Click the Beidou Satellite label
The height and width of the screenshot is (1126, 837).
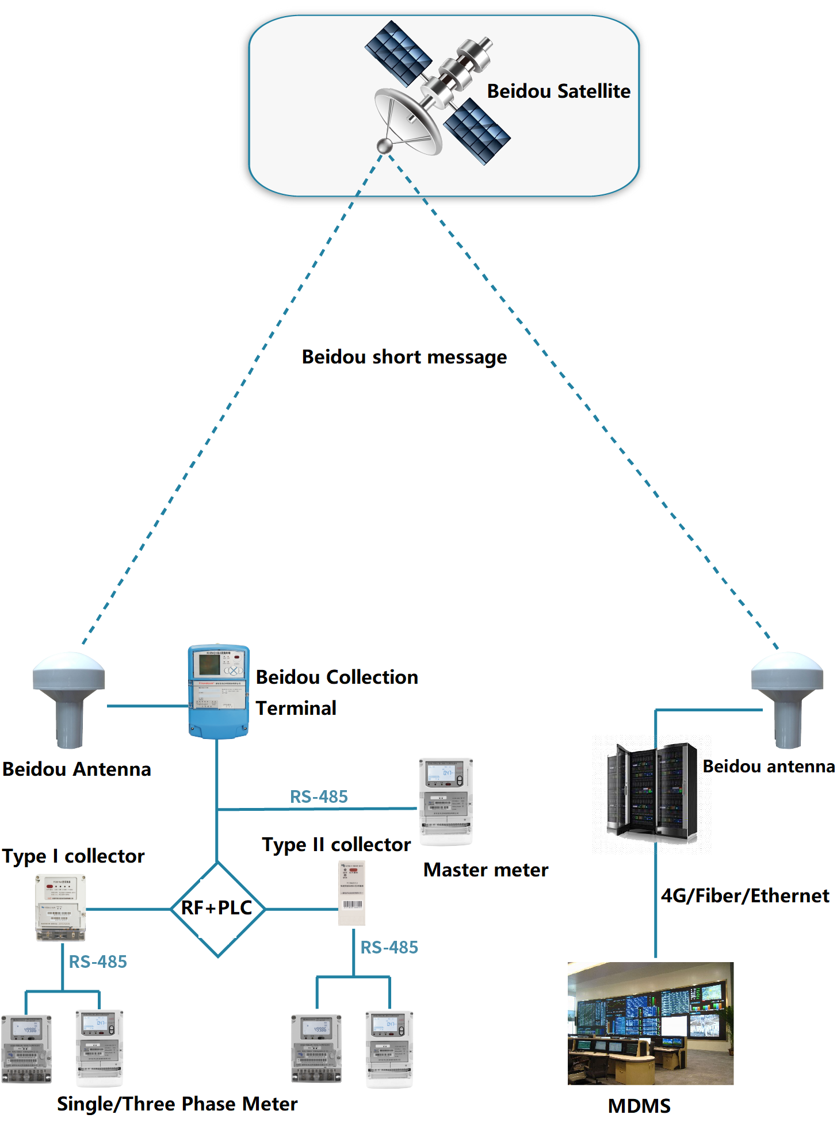[558, 91]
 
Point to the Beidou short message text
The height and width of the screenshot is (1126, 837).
[404, 357]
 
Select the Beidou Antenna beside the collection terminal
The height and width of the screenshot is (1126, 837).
[69, 699]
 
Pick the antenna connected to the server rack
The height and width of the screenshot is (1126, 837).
[787, 699]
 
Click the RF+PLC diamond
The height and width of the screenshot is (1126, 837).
[217, 909]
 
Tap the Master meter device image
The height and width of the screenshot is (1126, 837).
[446, 801]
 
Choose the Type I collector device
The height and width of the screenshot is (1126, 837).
[60, 907]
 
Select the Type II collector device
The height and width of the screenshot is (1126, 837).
[351, 893]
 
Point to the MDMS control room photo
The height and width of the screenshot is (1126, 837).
[650, 1023]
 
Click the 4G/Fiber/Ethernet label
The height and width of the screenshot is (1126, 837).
[745, 895]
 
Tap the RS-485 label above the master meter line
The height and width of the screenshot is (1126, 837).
[319, 796]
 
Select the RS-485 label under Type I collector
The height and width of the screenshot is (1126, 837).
[98, 962]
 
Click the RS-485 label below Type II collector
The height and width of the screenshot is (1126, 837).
[389, 947]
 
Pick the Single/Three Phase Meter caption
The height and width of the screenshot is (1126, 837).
[177, 1104]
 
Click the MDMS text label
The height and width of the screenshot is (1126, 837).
[639, 1106]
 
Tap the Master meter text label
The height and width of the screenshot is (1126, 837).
[486, 870]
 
